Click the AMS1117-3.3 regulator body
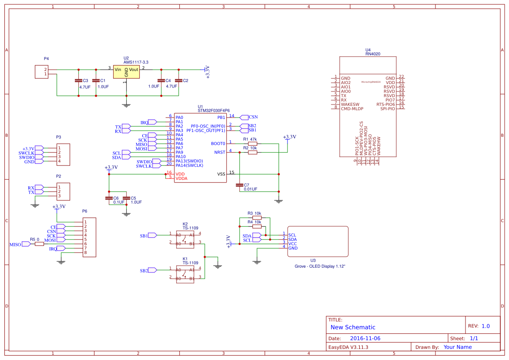(126, 72)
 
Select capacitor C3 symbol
(78, 81)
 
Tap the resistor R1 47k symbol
(252, 144)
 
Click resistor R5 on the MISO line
(39, 244)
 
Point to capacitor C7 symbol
(238, 185)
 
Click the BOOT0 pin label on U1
(218, 144)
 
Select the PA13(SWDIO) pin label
(189, 161)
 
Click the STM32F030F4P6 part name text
(214, 111)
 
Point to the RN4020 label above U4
(373, 54)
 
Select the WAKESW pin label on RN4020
(350, 104)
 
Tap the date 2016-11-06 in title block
(365, 338)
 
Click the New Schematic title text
(353, 327)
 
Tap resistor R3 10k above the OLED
(257, 218)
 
